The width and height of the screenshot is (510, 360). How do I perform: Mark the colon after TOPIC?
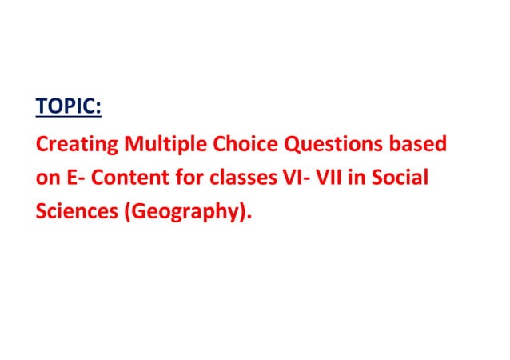109,108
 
